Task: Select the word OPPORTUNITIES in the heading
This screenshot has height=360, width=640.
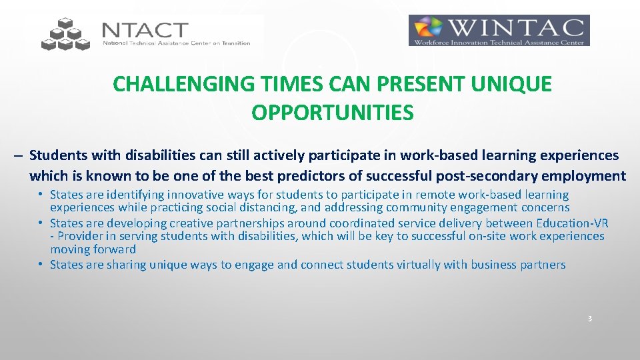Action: pos(333,113)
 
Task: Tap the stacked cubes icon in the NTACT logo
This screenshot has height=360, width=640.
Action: pos(65,35)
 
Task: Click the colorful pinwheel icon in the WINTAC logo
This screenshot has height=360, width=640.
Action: pos(428,30)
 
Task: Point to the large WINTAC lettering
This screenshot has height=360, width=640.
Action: pos(516,28)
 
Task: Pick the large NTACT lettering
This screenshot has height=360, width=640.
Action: pos(145,31)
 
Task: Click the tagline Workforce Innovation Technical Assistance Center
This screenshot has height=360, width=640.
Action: pos(499,42)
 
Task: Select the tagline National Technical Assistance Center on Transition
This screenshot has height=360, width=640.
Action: pos(176,43)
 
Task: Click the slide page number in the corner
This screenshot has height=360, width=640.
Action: pos(589,319)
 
